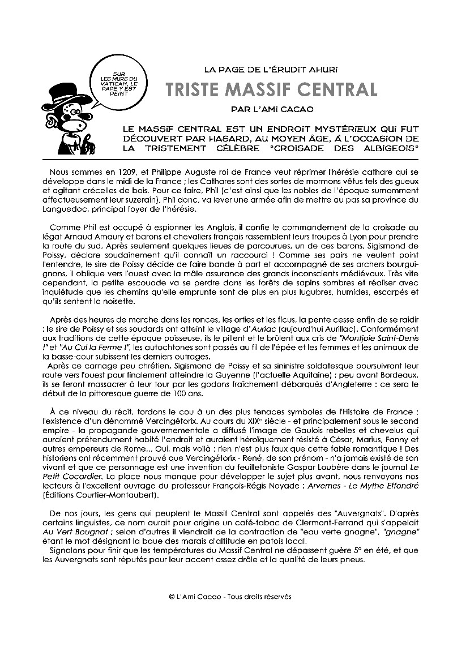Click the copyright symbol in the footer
click(x=172, y=596)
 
